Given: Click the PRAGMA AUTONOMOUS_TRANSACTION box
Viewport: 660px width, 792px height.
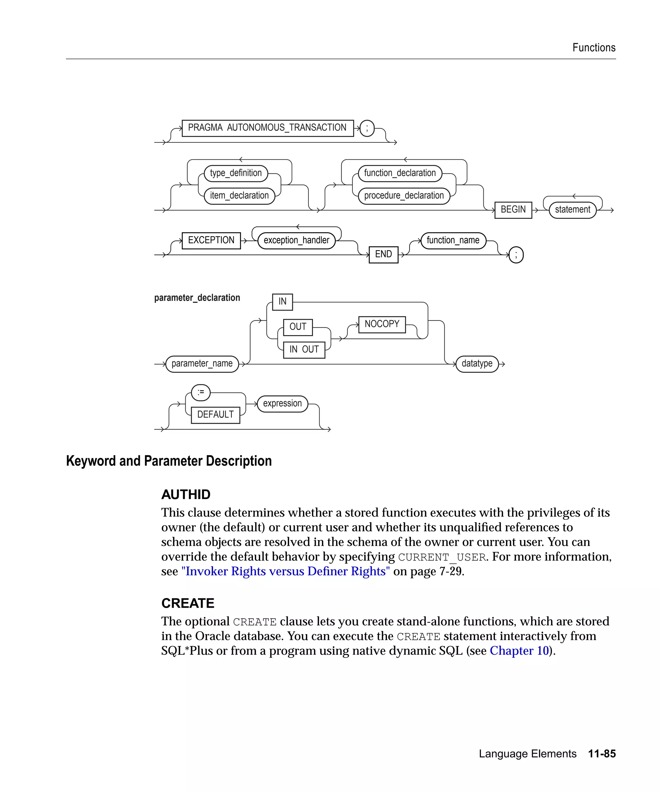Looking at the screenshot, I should point(267,128).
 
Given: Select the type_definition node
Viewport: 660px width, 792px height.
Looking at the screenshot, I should point(236,173).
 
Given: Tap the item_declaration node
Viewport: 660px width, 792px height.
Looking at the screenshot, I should point(239,196).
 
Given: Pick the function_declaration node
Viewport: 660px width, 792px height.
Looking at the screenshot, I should point(400,173).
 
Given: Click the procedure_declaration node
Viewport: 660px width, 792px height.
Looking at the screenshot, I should point(403,196).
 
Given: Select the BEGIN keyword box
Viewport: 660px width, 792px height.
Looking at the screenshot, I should point(513,210).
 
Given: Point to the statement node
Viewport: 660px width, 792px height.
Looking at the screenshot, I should point(572,210).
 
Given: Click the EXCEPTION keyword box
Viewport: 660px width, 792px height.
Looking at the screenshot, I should point(211,240).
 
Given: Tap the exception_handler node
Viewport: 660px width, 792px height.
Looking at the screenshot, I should point(296,240).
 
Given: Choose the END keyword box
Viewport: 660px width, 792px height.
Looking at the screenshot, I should point(383,254).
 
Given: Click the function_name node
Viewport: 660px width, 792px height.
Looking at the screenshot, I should point(453,240).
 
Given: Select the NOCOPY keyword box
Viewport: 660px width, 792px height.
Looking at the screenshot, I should point(382,324).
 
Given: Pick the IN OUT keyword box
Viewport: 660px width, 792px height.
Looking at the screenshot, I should point(304,350).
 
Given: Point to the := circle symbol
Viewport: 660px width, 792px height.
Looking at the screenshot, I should point(201,392).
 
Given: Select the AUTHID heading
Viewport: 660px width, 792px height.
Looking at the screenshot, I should point(186,494).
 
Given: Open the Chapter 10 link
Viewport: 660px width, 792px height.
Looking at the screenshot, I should point(519,651).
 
